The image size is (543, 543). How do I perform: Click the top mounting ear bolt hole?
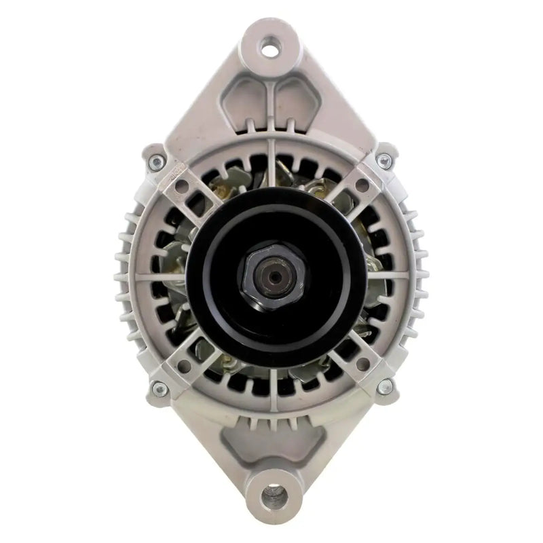(271, 48)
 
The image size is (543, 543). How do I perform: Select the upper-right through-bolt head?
(385, 162)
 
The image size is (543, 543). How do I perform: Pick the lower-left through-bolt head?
(159, 388)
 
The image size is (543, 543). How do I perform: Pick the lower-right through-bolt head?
(385, 388)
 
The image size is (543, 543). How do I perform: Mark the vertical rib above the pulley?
(271, 163)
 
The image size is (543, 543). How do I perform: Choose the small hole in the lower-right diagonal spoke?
(362, 365)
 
